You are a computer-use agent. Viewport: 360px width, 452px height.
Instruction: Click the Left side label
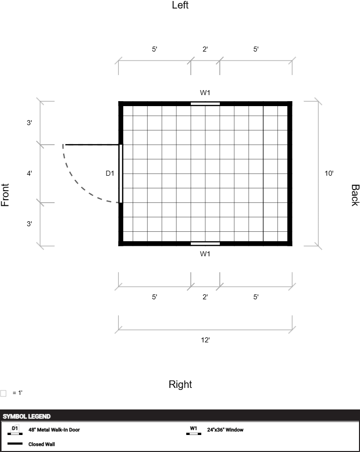[x=180, y=5]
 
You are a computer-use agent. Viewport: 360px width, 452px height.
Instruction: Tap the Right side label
[x=180, y=384]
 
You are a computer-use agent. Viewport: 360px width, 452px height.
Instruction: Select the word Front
[x=5, y=195]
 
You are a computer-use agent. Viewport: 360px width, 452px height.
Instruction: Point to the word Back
[x=355, y=195]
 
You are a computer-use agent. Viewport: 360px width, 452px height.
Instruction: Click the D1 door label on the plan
[x=110, y=173]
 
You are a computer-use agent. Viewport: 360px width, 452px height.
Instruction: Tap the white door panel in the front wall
[x=121, y=174]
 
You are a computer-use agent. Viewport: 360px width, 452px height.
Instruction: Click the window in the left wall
[x=205, y=104]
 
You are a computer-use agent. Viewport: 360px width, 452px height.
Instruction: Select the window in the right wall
[x=205, y=244]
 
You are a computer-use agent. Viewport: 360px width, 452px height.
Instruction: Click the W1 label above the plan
[x=205, y=93]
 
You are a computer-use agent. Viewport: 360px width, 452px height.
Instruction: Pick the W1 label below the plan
[x=205, y=254]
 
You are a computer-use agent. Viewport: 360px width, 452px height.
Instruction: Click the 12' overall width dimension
[x=205, y=340]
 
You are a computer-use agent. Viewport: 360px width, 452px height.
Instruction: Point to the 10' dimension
[x=329, y=173]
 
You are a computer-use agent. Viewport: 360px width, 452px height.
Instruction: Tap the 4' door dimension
[x=30, y=173]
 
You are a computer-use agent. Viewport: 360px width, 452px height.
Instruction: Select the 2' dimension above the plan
[x=205, y=49]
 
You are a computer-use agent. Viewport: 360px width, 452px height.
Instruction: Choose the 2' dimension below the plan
[x=205, y=297]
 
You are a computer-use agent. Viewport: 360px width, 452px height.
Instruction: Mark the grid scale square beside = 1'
[x=3, y=393]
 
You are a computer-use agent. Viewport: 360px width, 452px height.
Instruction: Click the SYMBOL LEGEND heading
[x=27, y=416]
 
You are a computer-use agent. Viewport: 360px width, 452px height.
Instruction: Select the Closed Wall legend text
[x=42, y=444]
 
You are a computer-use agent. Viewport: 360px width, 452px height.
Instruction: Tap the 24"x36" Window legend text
[x=225, y=429]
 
